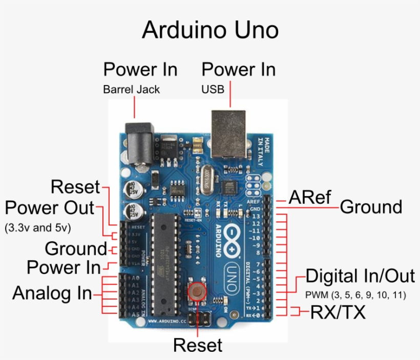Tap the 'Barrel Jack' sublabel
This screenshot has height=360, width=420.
point(132,90)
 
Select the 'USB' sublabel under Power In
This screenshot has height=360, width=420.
point(213,90)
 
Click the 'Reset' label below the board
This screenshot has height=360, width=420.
point(198,345)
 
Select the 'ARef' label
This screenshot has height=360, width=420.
point(310,197)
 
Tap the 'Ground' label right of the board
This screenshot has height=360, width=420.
point(371,207)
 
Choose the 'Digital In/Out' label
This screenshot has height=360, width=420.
point(360,277)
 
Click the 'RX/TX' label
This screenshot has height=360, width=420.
point(338,312)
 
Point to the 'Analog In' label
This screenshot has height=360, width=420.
point(52,293)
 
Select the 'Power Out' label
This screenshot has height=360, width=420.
point(50,208)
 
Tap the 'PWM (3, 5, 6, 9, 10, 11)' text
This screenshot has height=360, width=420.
point(355,295)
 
